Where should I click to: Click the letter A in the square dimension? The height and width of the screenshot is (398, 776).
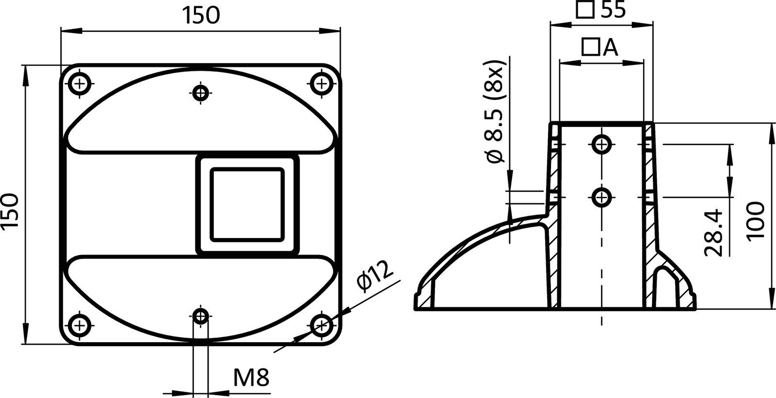click(611, 47)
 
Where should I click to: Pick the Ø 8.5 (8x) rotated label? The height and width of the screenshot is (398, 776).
click(496, 114)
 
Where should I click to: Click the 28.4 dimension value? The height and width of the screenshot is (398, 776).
click(713, 232)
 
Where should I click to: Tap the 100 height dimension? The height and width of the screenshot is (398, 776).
click(755, 221)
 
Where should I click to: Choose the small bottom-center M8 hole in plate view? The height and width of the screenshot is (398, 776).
click(200, 317)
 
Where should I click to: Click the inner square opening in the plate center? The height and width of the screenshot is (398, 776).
click(246, 204)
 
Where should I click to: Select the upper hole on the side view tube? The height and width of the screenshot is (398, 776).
click(602, 143)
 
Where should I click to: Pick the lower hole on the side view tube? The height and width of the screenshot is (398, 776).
click(602, 197)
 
